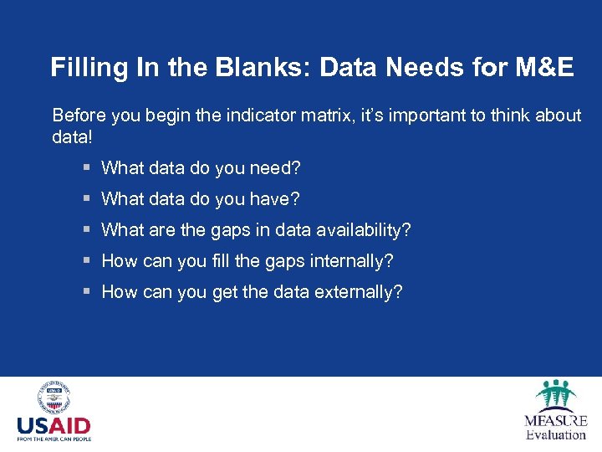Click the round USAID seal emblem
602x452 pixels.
click(54, 399)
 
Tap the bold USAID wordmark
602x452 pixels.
click(54, 425)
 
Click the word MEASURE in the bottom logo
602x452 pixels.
click(555, 421)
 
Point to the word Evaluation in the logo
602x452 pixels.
click(555, 434)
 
